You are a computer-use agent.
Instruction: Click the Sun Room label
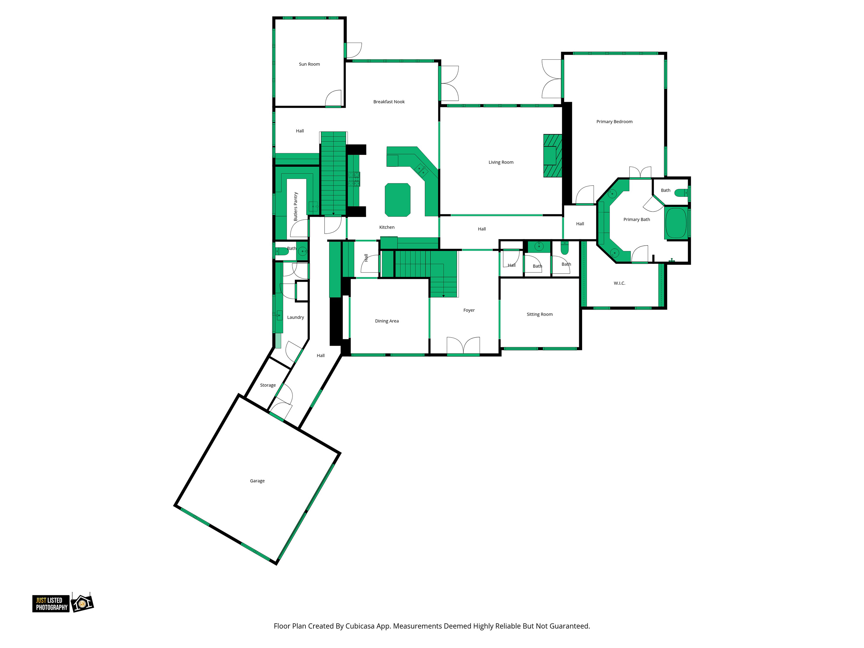(309, 64)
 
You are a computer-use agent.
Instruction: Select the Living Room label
(501, 162)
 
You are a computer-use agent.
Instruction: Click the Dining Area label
(387, 321)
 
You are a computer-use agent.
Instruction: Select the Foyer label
(469, 310)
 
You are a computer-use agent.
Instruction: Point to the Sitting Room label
(539, 314)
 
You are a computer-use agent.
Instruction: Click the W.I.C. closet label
(619, 283)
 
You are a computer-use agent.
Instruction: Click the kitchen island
(398, 200)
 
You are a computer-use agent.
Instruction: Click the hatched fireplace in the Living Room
(553, 156)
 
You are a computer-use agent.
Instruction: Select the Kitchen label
(387, 227)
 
